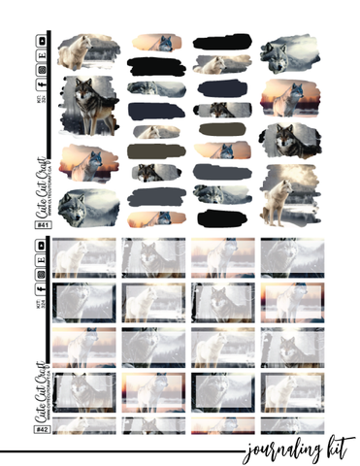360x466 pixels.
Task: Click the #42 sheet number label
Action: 42,424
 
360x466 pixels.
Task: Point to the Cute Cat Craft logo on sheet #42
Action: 43,384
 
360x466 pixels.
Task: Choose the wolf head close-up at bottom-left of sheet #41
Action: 83,206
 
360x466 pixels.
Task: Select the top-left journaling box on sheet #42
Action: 85,258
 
